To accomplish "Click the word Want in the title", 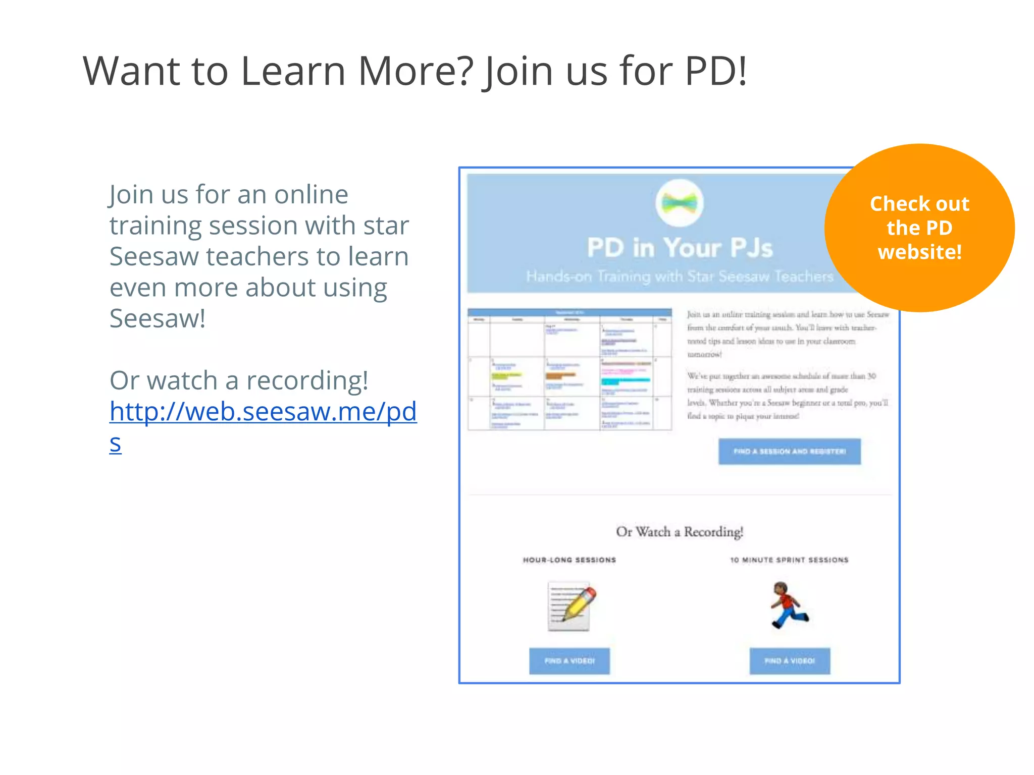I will (131, 71).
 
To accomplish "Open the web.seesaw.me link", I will (263, 412).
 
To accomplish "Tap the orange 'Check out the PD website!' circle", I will (919, 228).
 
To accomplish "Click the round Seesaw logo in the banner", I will (680, 203).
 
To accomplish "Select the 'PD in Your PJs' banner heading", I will (680, 248).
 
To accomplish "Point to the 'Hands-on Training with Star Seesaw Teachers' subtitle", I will (680, 276).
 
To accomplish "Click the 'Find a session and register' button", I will (789, 452).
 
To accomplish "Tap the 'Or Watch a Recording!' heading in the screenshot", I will (680, 532).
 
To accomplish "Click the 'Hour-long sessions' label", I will (570, 560).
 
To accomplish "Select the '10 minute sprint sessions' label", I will (789, 560).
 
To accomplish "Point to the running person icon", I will (788, 605).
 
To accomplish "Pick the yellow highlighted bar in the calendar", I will (506, 375).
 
